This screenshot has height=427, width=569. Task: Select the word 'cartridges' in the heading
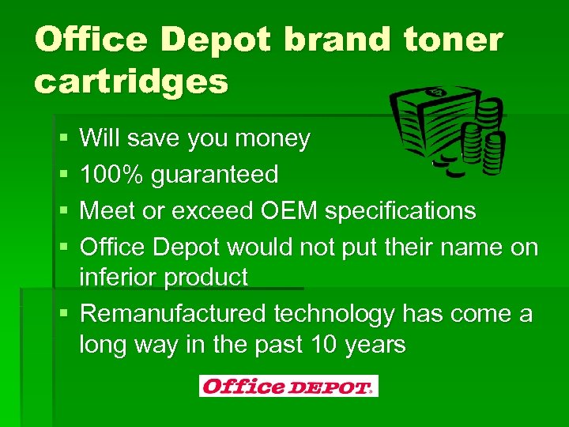[131, 80]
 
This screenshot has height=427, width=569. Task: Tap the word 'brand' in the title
[330, 39]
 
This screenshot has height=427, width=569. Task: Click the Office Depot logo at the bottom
[288, 386]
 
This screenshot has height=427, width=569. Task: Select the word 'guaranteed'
[215, 174]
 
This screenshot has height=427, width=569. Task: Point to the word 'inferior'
[126, 278]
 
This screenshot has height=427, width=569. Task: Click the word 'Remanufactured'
[174, 314]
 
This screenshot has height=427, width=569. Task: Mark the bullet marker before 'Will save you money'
[62, 139]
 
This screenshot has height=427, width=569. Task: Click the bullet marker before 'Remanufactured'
[62, 314]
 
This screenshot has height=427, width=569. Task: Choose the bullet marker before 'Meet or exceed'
[62, 210]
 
